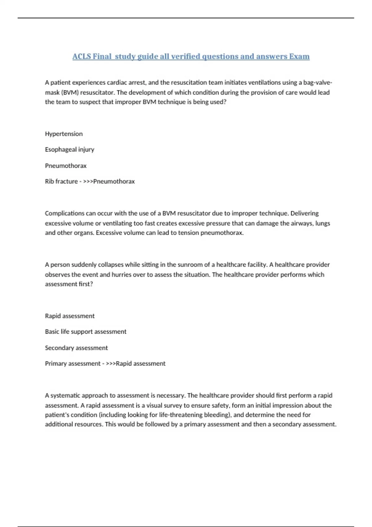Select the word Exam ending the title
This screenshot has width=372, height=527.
(299, 56)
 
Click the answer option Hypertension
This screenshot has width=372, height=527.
(64, 134)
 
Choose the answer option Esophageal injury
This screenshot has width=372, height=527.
(69, 149)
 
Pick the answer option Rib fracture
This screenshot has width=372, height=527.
(61, 181)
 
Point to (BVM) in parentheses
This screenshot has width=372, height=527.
(70, 92)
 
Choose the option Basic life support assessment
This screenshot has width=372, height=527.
(86, 332)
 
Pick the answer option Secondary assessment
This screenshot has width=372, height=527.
(76, 348)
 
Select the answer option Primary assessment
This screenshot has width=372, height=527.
(73, 364)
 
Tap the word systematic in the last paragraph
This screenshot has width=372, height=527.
(66, 396)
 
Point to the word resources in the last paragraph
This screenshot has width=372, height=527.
(88, 424)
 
